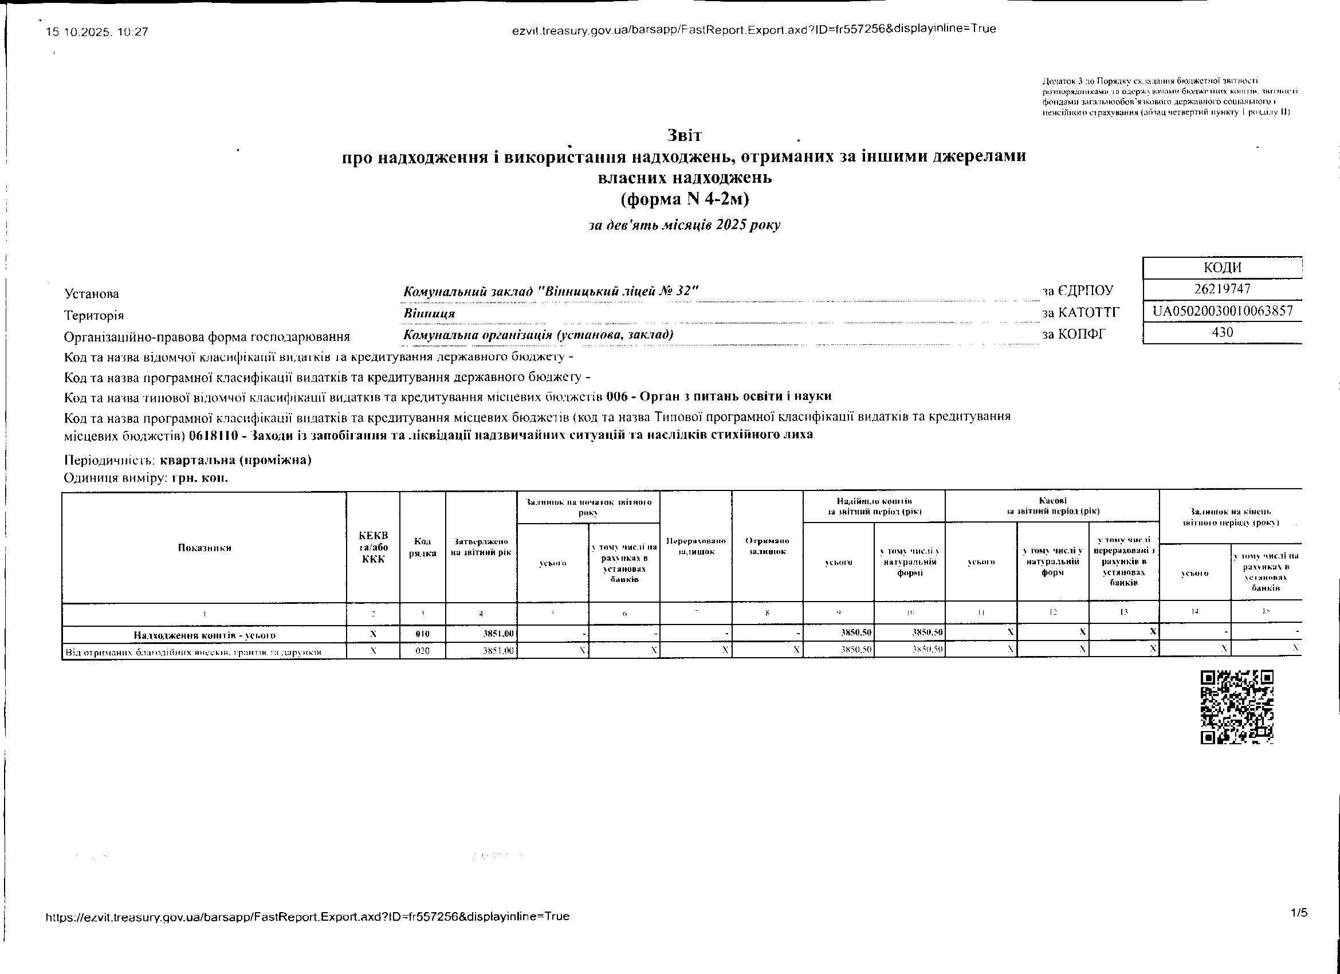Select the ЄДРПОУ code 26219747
tap(1222, 289)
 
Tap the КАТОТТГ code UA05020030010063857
tap(1223, 311)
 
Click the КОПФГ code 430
tap(1222, 332)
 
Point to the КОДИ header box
tap(1222, 268)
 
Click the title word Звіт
tap(684, 135)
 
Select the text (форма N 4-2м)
tap(684, 199)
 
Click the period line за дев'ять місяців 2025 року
tap(684, 225)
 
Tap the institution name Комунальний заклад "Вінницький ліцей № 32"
tap(551, 292)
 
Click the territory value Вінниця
tap(429, 313)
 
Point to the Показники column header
tap(205, 547)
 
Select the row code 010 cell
tap(422, 634)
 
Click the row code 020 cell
tap(422, 651)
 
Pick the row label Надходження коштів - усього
tap(205, 635)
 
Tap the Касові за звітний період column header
tap(1052, 506)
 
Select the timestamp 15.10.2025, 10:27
tap(97, 32)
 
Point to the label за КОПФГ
tap(1073, 335)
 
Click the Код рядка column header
tap(422, 547)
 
